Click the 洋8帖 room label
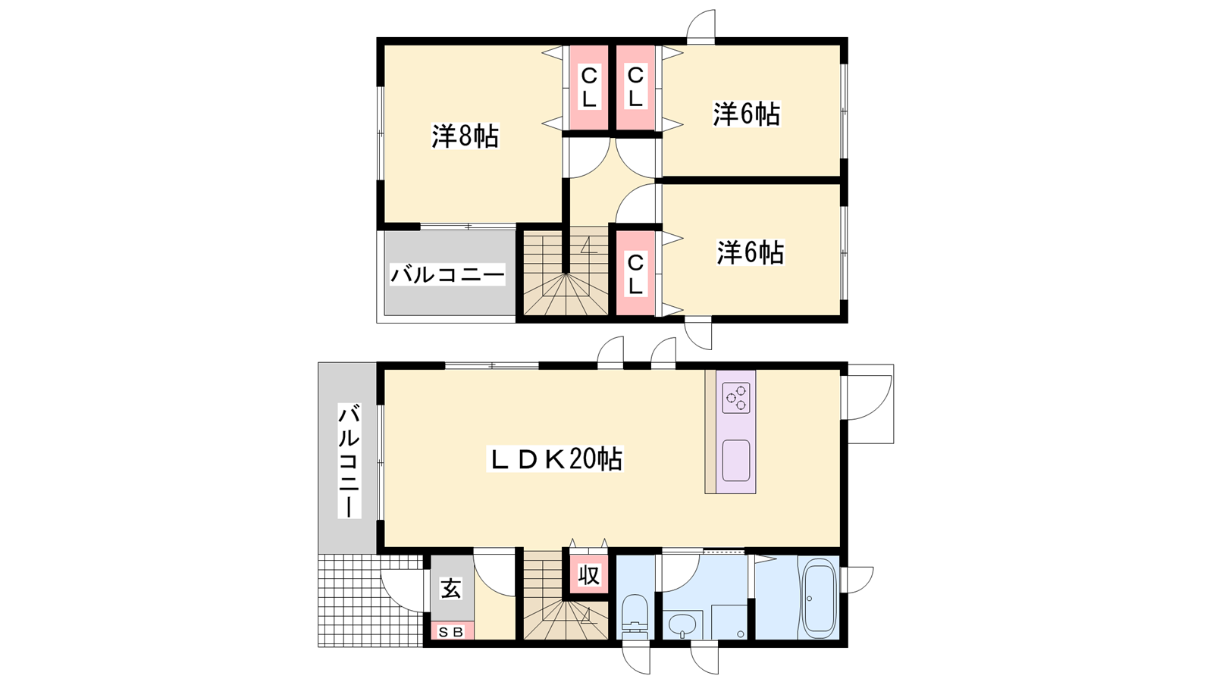pyautogui.click(x=465, y=136)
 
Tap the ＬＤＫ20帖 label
pyautogui.click(x=554, y=459)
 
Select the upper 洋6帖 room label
pyautogui.click(x=746, y=114)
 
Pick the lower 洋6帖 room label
pyautogui.click(x=750, y=252)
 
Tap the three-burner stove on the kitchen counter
pyautogui.click(x=736, y=398)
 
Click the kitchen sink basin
pyautogui.click(x=736, y=459)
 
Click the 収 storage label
pyautogui.click(x=588, y=575)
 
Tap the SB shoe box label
pyautogui.click(x=450, y=632)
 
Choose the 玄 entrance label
pyautogui.click(x=450, y=589)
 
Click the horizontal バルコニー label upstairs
pyautogui.click(x=447, y=275)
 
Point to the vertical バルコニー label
pyautogui.click(x=349, y=461)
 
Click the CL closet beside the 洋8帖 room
pyautogui.click(x=588, y=87)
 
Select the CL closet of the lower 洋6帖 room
pyautogui.click(x=635, y=274)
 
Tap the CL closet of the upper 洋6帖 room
pyautogui.click(x=635, y=87)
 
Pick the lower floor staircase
pyautogui.click(x=566, y=596)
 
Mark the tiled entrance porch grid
pyautogui.click(x=371, y=600)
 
